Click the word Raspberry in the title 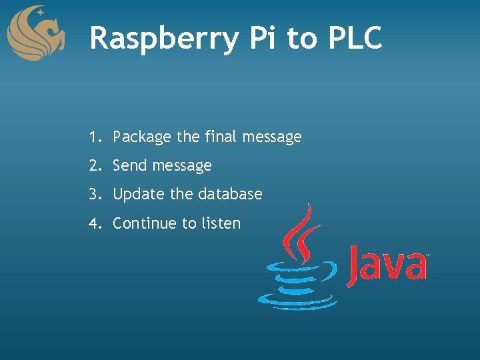coord(163,38)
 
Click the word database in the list coord(230,194)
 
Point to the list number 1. coord(93,137)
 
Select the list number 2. coord(93,165)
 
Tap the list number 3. coord(93,195)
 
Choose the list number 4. coord(93,223)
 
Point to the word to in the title coord(301,38)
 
